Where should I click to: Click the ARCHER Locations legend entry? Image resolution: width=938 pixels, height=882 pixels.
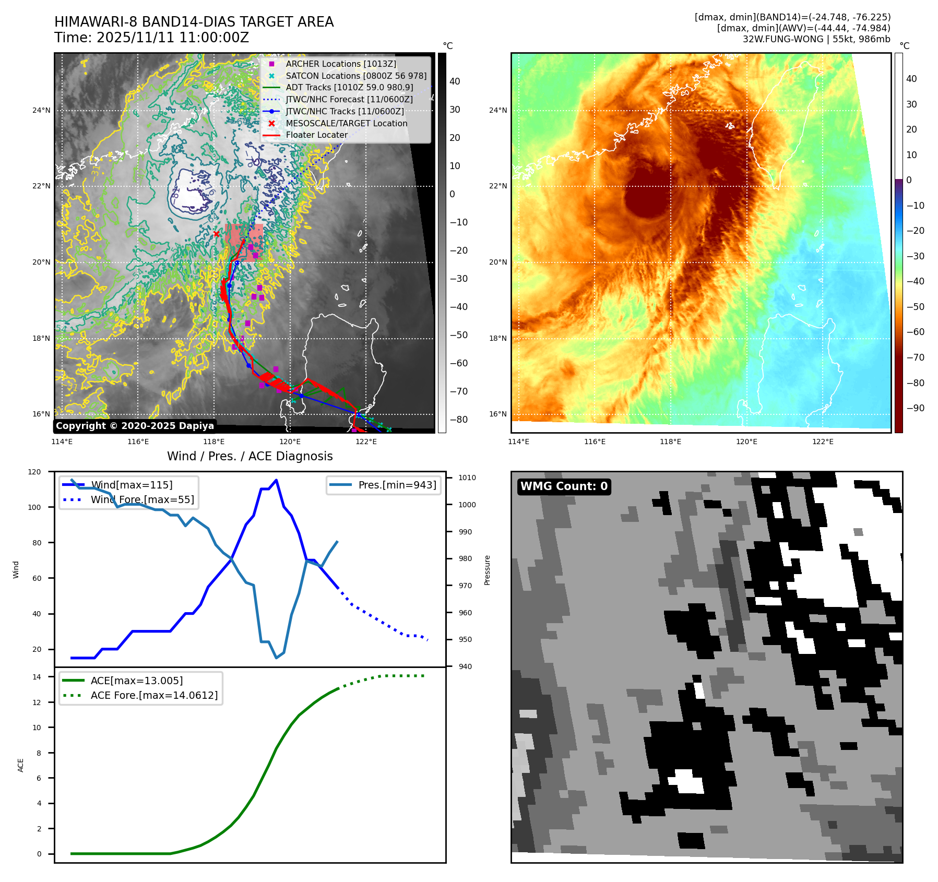coord(340,64)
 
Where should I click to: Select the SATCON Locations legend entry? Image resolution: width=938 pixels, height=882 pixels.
coord(355,76)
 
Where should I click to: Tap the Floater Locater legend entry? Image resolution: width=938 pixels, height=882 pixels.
coord(316,135)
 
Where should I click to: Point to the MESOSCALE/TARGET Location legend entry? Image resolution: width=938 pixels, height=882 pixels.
coord(346,123)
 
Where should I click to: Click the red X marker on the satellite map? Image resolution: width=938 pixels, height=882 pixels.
coord(217,234)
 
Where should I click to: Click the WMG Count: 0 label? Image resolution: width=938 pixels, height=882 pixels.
coord(564,486)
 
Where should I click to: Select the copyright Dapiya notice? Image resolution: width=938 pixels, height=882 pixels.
coord(135,426)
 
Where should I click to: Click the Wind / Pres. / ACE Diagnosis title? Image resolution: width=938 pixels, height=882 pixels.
coord(250,456)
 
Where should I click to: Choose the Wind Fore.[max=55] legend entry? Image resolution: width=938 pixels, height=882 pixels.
coord(142,499)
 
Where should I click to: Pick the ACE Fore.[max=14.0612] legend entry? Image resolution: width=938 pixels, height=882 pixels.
coord(154,695)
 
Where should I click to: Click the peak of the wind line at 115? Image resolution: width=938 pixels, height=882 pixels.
coord(276,480)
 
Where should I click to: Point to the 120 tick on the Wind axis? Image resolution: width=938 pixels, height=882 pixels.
coord(34,472)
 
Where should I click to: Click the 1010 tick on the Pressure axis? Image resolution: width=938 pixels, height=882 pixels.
coord(467,478)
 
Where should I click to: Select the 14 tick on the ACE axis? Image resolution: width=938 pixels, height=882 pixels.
coord(37,677)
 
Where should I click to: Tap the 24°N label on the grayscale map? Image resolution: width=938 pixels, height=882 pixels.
coord(41,110)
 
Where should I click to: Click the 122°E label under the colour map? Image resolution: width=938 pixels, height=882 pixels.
coord(823,442)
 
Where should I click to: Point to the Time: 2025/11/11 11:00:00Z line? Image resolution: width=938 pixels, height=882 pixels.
coord(151,38)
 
